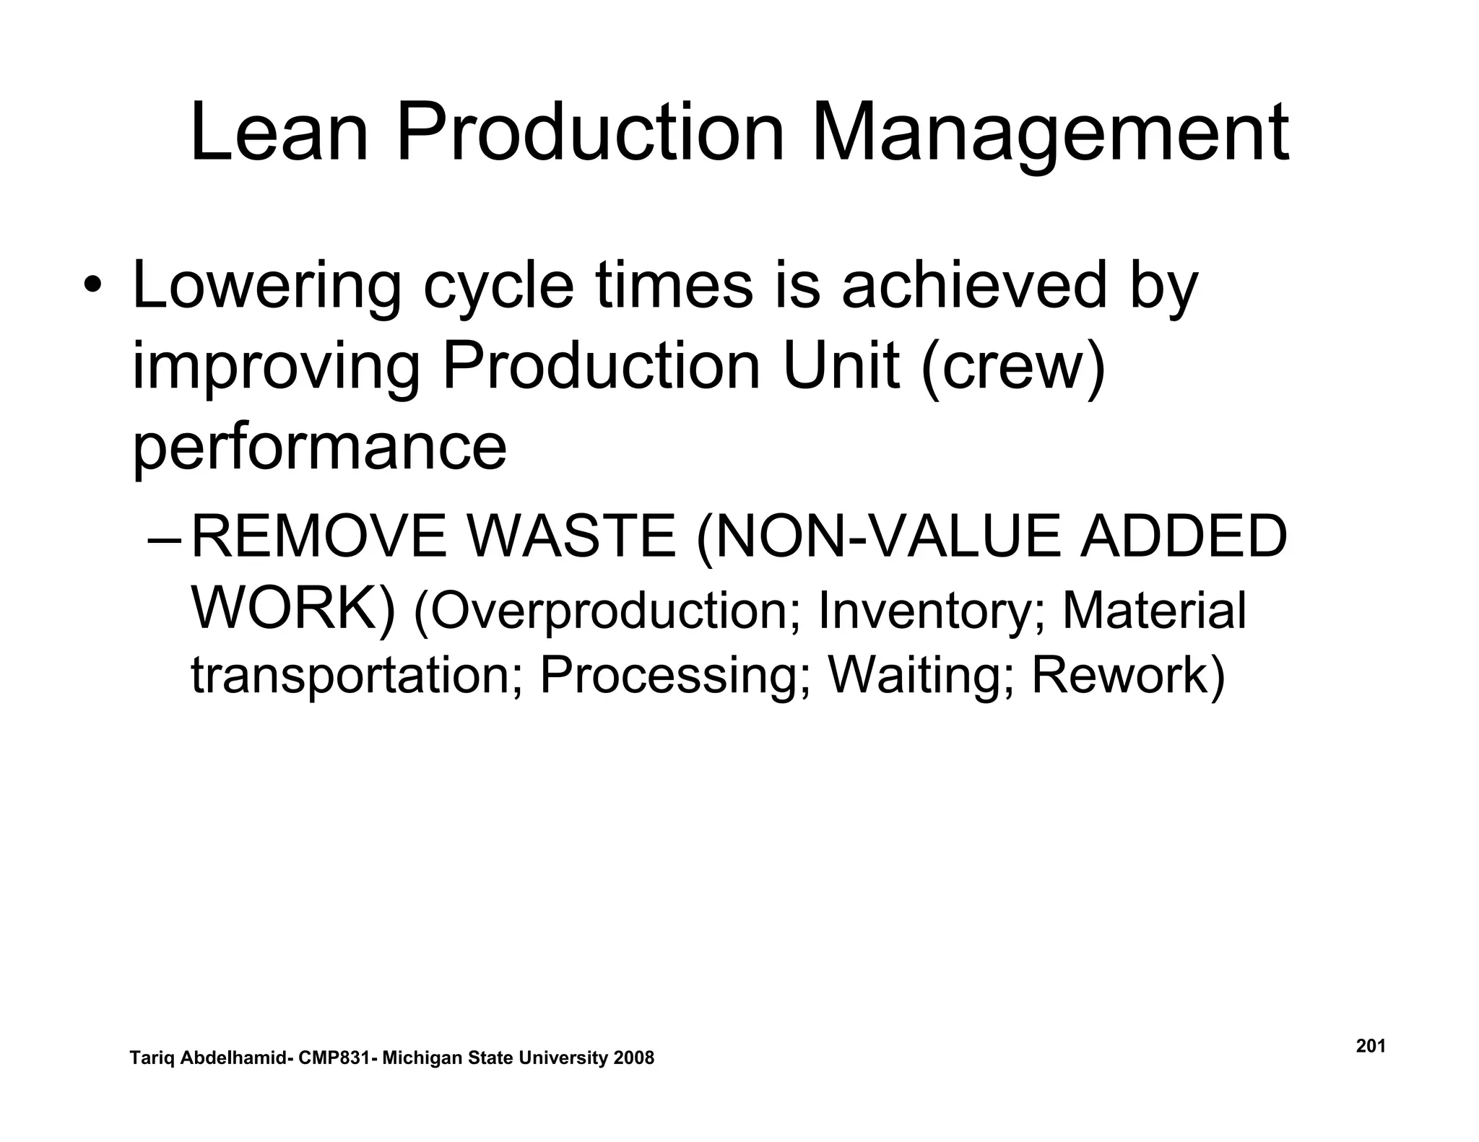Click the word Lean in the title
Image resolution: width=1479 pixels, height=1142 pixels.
tap(279, 134)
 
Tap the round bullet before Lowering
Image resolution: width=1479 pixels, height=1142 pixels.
tap(92, 286)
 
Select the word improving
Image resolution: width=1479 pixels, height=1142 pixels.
tap(276, 369)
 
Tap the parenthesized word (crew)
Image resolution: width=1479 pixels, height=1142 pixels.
tap(1013, 367)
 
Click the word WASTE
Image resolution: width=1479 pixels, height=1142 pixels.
tap(571, 537)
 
